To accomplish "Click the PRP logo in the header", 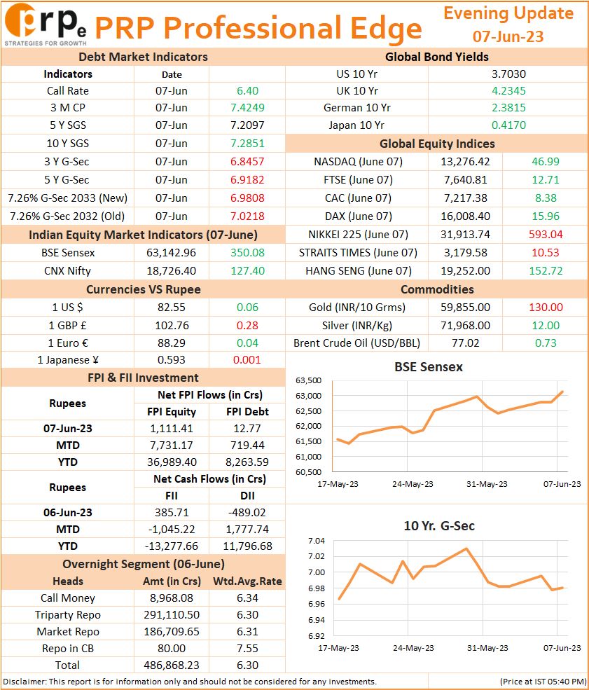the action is [x=46, y=25].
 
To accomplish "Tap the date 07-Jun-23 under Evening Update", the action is [x=508, y=36].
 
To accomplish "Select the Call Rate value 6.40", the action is [x=247, y=90].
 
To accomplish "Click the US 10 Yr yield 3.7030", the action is [x=508, y=74].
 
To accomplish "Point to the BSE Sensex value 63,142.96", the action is [x=171, y=253].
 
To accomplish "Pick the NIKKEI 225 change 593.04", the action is [x=546, y=234].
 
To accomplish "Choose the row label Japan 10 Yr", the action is [x=356, y=125].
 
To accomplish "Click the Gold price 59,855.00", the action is [x=466, y=307].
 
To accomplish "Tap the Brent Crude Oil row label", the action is [x=356, y=343].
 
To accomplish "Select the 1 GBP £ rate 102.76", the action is [x=172, y=325].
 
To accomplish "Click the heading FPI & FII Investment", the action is [x=143, y=378].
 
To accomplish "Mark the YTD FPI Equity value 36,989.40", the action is [x=172, y=462].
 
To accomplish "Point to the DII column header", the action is [x=247, y=495].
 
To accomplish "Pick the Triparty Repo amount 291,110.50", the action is [x=172, y=615].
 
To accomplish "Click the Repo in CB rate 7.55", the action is [x=247, y=648].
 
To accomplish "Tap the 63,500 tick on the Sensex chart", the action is [x=309, y=380].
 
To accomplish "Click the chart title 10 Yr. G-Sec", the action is [x=439, y=526].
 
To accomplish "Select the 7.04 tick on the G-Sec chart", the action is [x=317, y=541].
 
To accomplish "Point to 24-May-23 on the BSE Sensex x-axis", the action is [x=413, y=484].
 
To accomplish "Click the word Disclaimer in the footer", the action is [x=25, y=682].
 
